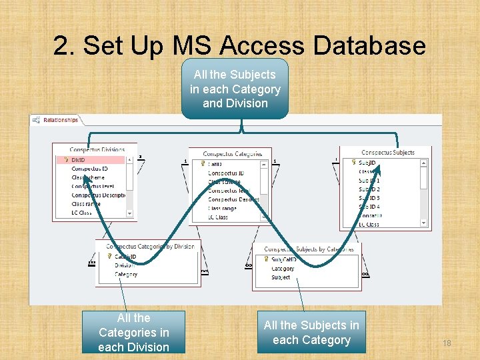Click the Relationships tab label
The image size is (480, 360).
pos(60,121)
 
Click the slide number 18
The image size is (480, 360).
pos(447,343)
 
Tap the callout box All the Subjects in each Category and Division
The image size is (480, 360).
pos(235,89)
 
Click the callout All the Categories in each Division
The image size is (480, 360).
pos(133,332)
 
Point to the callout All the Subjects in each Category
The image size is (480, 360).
pos(311,332)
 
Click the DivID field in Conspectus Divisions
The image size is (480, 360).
pos(79,160)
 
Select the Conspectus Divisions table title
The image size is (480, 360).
pos(97,150)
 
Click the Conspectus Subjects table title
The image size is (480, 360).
pos(387,153)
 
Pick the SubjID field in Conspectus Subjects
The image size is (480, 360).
pos(367,163)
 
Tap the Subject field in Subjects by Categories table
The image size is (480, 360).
pos(281,277)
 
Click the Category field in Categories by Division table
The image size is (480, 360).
pos(126,274)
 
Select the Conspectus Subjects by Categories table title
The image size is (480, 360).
pos(308,249)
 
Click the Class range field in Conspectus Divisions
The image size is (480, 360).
pos(87,204)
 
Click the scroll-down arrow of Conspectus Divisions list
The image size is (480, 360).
pos(130,213)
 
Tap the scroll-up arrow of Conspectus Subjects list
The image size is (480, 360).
pos(423,163)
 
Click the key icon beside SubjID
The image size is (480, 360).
pos(353,163)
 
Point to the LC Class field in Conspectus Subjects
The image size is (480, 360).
pos(369,224)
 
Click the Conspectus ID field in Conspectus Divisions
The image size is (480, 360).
pos(89,169)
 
